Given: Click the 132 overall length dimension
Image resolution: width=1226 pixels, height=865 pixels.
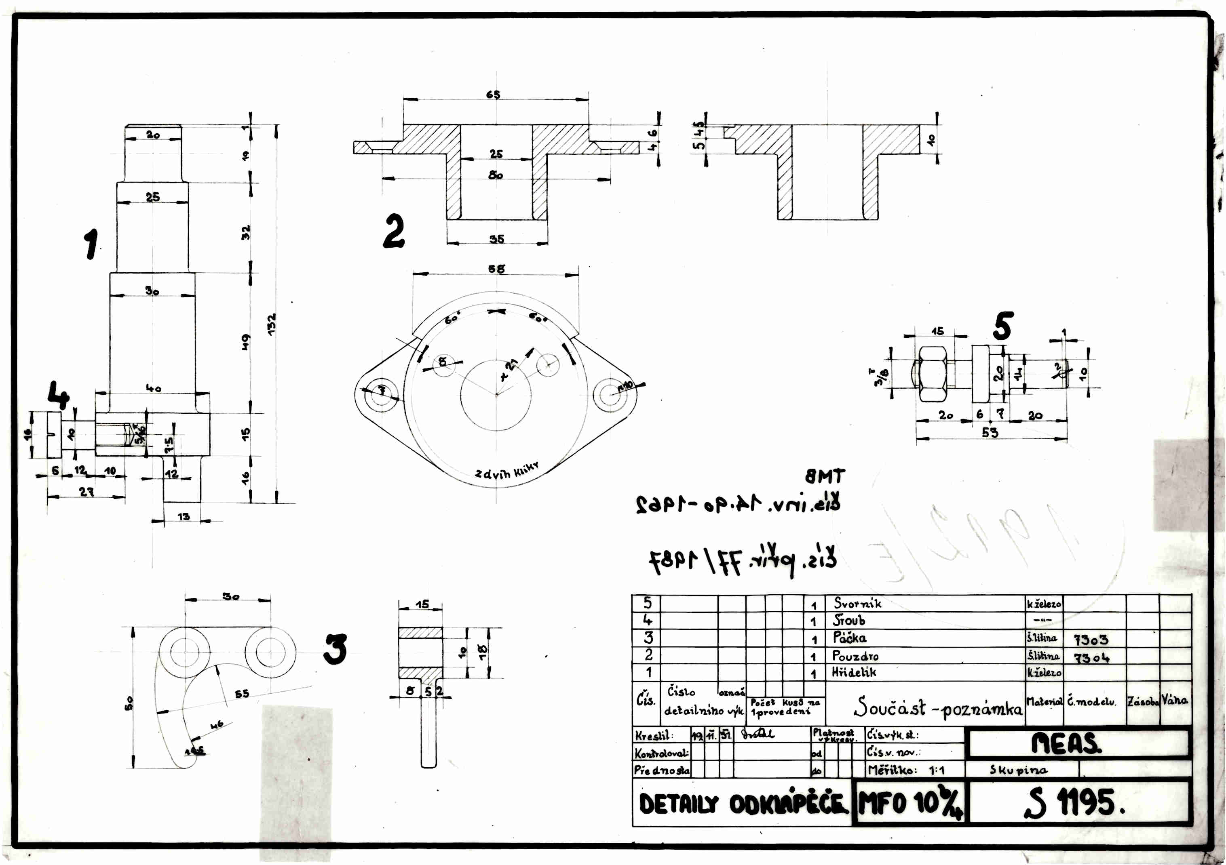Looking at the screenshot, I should coord(272,324).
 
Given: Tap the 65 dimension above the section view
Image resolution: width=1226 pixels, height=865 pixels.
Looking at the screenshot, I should coord(493,95).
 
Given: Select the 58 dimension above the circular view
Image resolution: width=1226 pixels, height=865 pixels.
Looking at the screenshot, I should coord(496,269).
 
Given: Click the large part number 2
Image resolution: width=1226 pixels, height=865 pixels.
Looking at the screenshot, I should coord(394,231).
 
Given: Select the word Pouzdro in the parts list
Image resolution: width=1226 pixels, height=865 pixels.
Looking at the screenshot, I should coord(855,656).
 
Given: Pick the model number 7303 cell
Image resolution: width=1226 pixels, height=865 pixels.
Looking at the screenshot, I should coord(1090,639).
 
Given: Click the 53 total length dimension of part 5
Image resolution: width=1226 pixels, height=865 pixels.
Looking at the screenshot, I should coord(990,432).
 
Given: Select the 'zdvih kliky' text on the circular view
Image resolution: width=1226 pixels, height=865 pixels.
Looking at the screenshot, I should coord(507,471).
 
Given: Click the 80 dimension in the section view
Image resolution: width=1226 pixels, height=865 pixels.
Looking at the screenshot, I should coord(496,175).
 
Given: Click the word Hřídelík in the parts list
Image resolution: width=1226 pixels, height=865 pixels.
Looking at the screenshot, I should coord(854,672).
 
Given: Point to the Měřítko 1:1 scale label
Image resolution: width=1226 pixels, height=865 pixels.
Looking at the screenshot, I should coord(905,770).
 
